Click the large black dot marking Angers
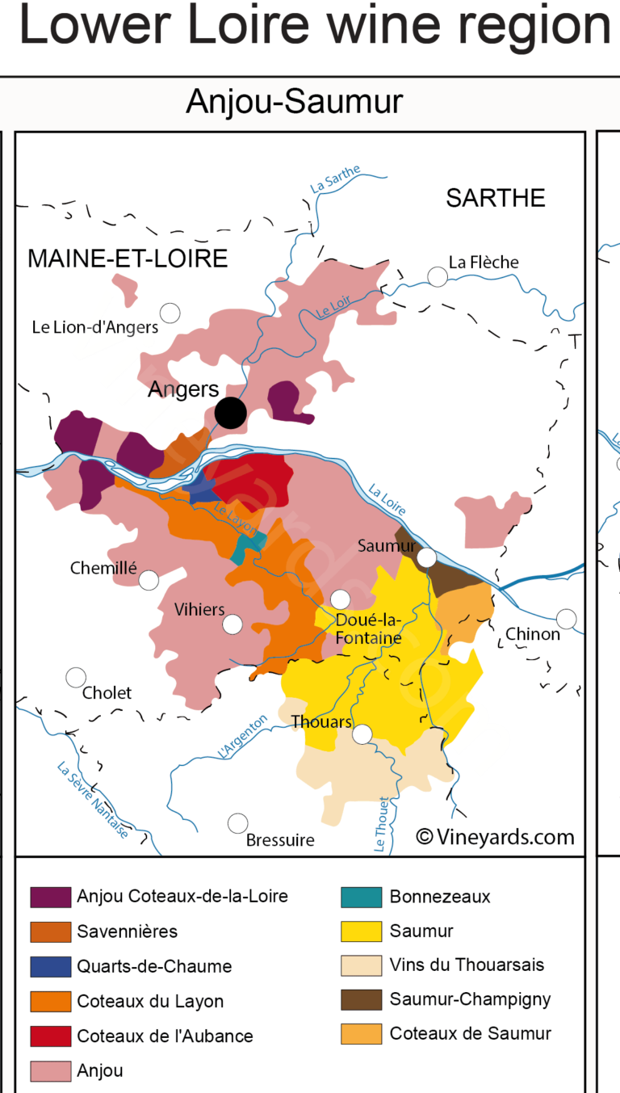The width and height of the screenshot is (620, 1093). [231, 413]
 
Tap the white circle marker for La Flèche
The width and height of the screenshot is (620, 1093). [438, 277]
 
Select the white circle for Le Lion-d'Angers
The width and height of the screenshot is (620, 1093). [170, 313]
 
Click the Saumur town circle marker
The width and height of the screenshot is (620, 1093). [426, 557]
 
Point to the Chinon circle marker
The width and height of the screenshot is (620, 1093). [567, 619]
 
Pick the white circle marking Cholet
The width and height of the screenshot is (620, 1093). [76, 677]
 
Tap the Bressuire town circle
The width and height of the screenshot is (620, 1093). [237, 823]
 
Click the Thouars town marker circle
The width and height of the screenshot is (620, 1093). [362, 734]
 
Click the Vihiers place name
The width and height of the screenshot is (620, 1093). [199, 609]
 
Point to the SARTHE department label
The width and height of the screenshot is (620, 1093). [496, 198]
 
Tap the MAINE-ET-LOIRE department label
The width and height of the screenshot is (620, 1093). [128, 259]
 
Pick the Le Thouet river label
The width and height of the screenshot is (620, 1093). [383, 824]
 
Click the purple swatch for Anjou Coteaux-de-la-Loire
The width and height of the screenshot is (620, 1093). [50, 897]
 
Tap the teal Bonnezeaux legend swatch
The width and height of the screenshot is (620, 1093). [361, 897]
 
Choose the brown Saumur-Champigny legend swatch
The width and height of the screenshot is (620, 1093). [361, 999]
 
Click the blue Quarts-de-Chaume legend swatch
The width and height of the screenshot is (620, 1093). [50, 966]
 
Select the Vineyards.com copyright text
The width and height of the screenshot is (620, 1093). [495, 837]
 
